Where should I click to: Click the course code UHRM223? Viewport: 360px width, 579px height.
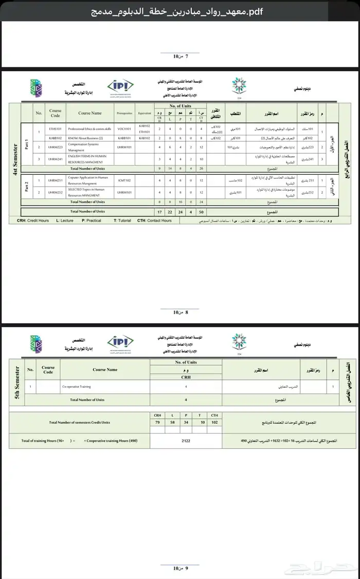pos(55,147)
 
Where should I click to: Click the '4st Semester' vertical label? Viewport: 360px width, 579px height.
pos(15,160)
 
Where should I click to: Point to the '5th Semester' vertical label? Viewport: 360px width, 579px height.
pos(17,383)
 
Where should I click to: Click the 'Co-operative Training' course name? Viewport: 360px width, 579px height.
pos(77,386)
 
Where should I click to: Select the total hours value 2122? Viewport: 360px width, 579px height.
pos(186,441)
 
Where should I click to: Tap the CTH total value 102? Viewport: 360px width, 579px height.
pos(214,423)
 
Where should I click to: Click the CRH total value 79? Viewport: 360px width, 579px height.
pos(157,423)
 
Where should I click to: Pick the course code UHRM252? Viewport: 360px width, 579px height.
pos(55,192)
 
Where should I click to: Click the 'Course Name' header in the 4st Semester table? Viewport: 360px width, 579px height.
pos(90,113)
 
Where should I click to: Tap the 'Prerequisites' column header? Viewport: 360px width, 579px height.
pos(124,113)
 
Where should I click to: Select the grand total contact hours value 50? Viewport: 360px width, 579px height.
pos(201,211)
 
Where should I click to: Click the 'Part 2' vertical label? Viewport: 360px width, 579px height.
pos(27,186)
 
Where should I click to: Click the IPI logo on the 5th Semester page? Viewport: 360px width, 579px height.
pos(120,343)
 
